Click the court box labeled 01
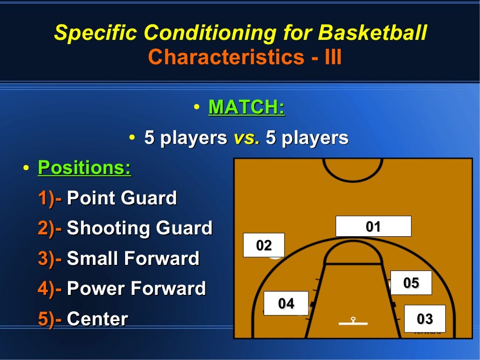[373, 226]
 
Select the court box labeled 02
[263, 245]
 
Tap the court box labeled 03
[425, 319]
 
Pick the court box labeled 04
[286, 303]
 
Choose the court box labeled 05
[411, 283]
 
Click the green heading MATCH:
[247, 107]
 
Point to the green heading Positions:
[84, 167]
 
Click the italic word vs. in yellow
[247, 138]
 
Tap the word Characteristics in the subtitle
[226, 57]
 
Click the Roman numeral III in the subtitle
[333, 57]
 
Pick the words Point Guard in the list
[122, 198]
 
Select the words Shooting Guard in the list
[140, 228]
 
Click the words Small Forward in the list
[133, 258]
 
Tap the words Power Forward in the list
[136, 288]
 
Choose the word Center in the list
[97, 319]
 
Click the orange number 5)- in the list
[50, 319]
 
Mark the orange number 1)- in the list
[50, 198]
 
